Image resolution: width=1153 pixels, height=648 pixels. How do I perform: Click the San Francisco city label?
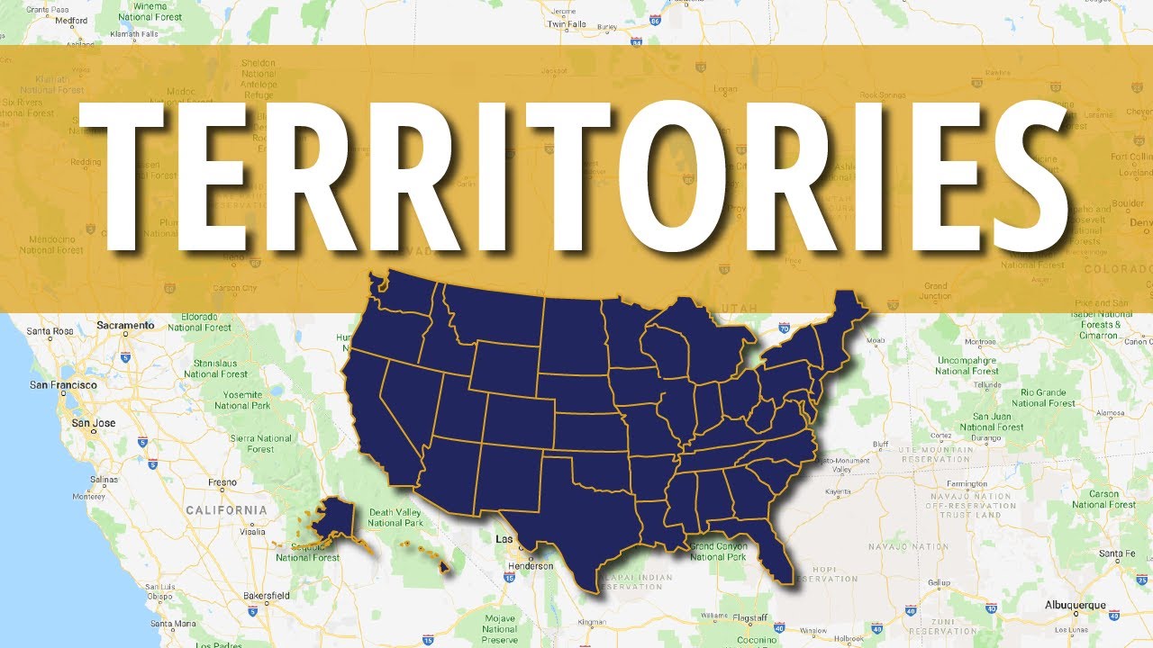pos(63,384)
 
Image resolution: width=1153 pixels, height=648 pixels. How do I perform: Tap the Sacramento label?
pos(125,325)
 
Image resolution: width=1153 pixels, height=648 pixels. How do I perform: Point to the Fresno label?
pos(222,482)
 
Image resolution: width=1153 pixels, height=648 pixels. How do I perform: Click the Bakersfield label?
pos(241,595)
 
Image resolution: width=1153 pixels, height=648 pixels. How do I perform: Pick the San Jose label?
pos(93,423)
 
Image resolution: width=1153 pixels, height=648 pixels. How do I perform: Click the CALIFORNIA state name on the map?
pos(226,510)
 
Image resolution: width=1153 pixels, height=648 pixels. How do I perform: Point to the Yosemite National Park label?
pos(242,400)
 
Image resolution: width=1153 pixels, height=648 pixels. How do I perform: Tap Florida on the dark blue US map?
pos(775,549)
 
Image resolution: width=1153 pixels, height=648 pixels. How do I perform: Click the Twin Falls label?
pos(567,24)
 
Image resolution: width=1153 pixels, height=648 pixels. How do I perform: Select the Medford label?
pos(70,19)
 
